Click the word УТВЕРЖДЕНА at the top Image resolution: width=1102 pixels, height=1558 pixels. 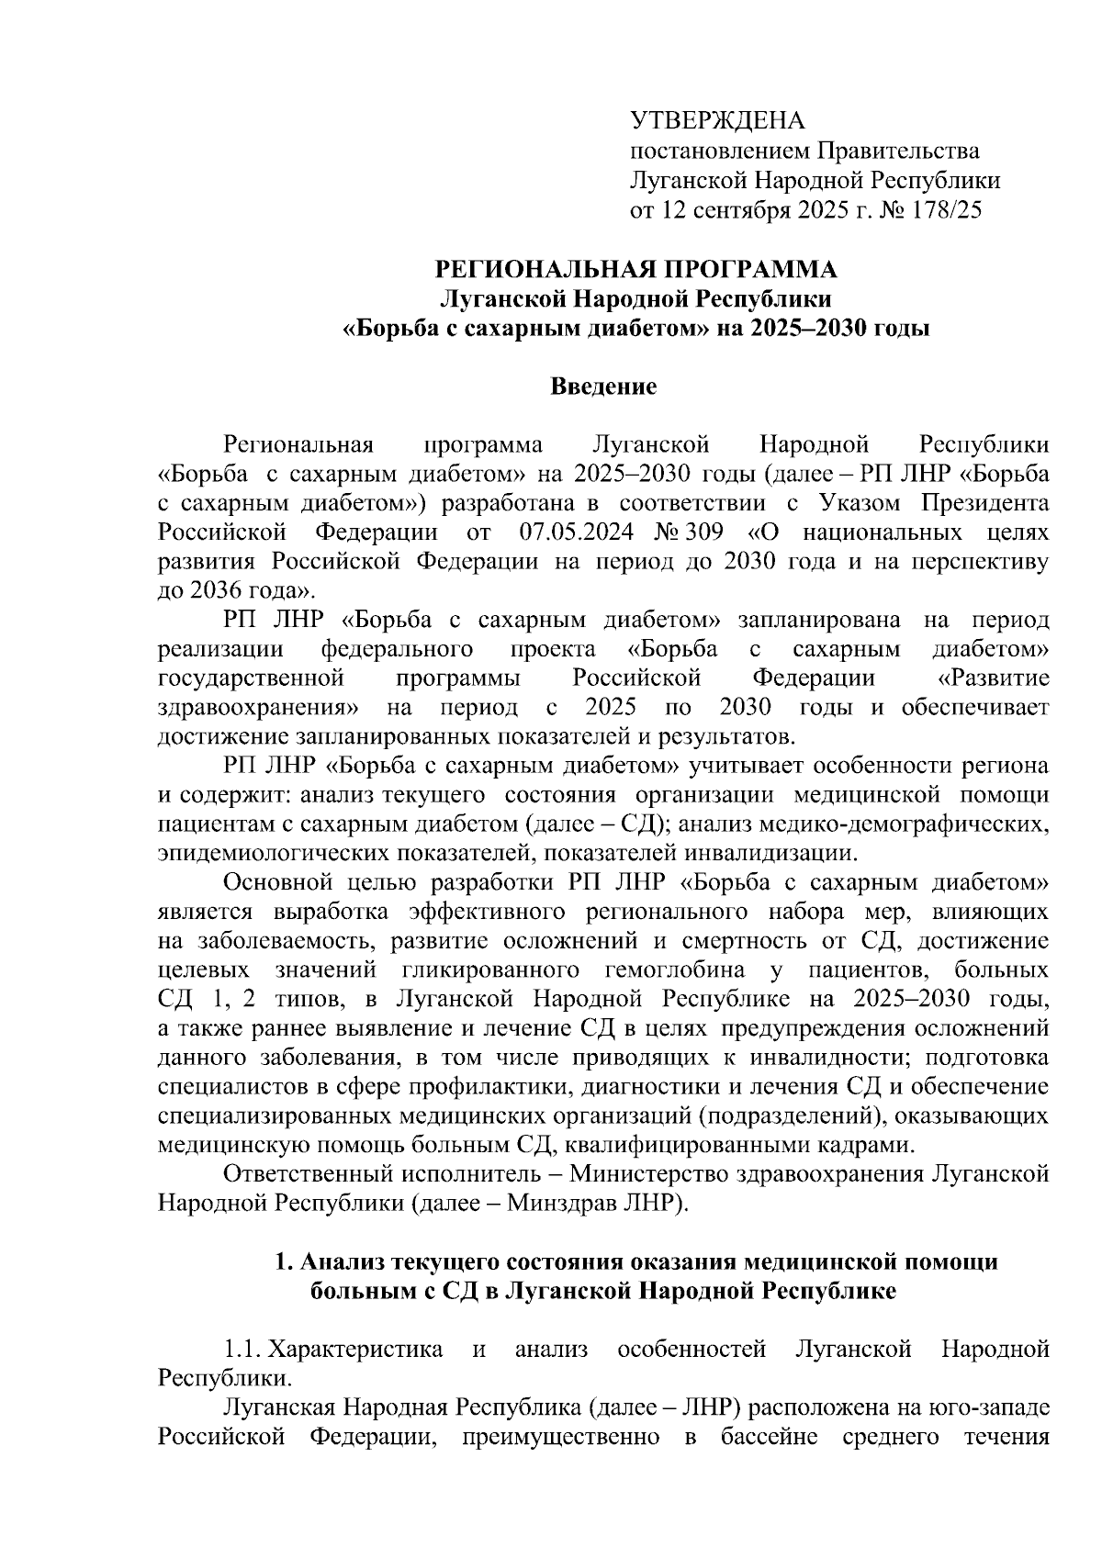pyautogui.click(x=716, y=120)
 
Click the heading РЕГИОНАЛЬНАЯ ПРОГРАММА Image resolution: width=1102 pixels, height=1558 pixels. pyautogui.click(x=635, y=269)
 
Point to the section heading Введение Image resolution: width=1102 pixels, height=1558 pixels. pyautogui.click(x=603, y=387)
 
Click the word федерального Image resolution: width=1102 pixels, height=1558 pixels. pyautogui.click(x=397, y=649)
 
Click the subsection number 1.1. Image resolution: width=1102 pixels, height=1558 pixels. pyautogui.click(x=244, y=1349)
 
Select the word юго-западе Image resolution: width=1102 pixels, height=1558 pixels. pyautogui.click(x=989, y=1407)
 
